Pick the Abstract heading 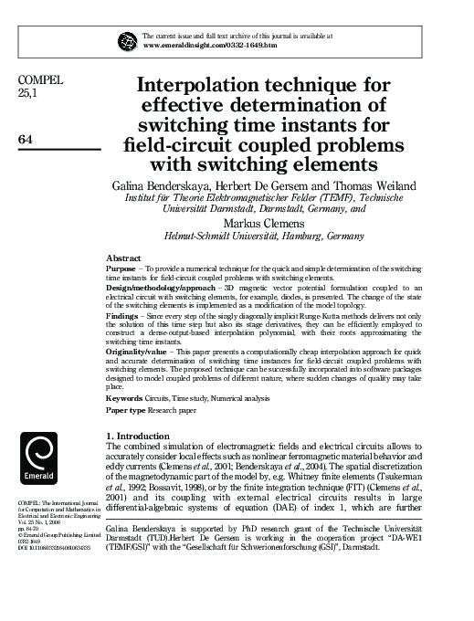122,258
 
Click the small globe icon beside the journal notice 126,39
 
